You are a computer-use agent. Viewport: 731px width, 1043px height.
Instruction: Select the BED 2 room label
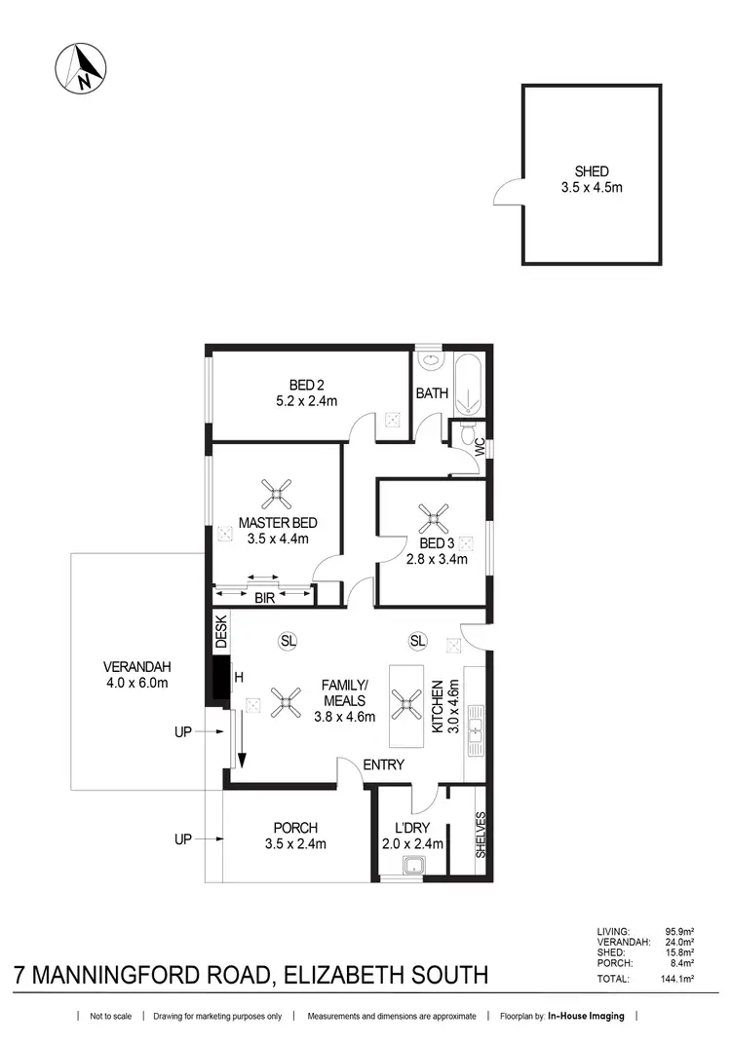pyautogui.click(x=305, y=384)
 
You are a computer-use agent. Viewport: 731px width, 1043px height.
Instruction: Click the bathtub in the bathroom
pyautogui.click(x=469, y=385)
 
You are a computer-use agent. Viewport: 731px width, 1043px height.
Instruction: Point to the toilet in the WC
pyautogui.click(x=467, y=431)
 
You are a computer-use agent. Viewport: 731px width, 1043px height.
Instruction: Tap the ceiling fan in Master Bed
pyautogui.click(x=280, y=494)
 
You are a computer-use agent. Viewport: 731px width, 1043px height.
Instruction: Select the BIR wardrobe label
pyautogui.click(x=264, y=599)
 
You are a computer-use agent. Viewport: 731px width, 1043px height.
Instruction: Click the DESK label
pyautogui.click(x=220, y=631)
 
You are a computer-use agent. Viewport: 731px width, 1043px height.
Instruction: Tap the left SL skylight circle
pyautogui.click(x=288, y=641)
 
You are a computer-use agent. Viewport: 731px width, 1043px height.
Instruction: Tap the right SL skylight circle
pyautogui.click(x=417, y=641)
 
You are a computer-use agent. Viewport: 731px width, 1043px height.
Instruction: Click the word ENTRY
pyautogui.click(x=383, y=764)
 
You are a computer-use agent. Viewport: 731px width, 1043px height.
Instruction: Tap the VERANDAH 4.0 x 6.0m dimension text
pyautogui.click(x=135, y=683)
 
